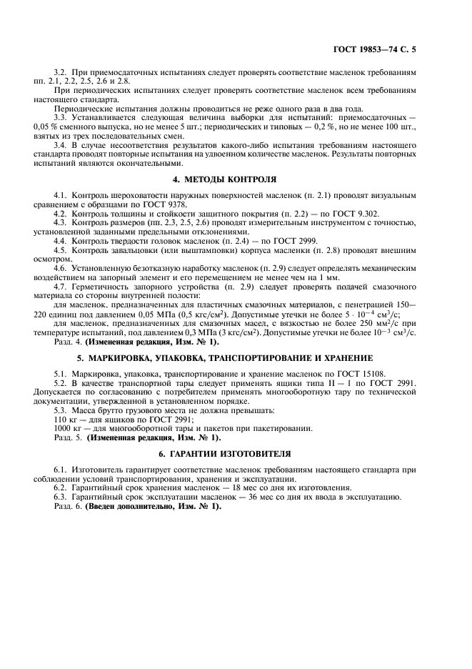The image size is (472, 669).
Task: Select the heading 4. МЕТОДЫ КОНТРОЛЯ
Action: (x=236, y=178)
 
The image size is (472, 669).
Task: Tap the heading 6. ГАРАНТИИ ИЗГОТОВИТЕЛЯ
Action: (x=236, y=454)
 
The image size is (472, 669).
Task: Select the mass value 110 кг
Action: (x=65, y=419)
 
